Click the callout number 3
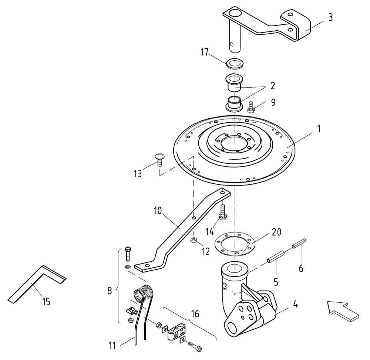[x=330, y=17]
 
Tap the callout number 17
[x=205, y=52]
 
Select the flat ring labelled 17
[x=235, y=64]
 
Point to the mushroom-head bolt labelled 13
[x=159, y=159]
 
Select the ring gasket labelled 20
[x=235, y=244]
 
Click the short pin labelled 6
[x=299, y=243]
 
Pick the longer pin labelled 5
[x=276, y=257]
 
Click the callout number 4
[x=295, y=304]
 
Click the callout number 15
[x=46, y=302]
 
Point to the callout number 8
[x=110, y=291]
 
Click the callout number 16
[x=195, y=314]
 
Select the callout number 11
[x=112, y=346]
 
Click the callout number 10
[x=158, y=211]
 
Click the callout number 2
[x=273, y=86]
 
